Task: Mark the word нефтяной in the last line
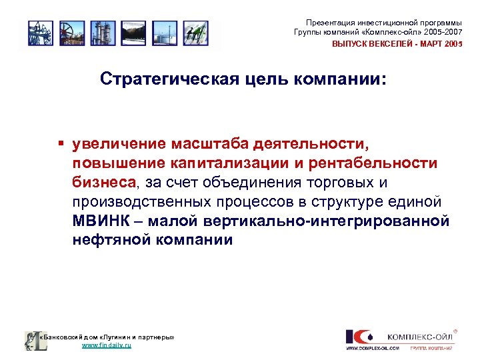click(110, 240)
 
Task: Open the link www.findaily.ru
click(106, 346)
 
